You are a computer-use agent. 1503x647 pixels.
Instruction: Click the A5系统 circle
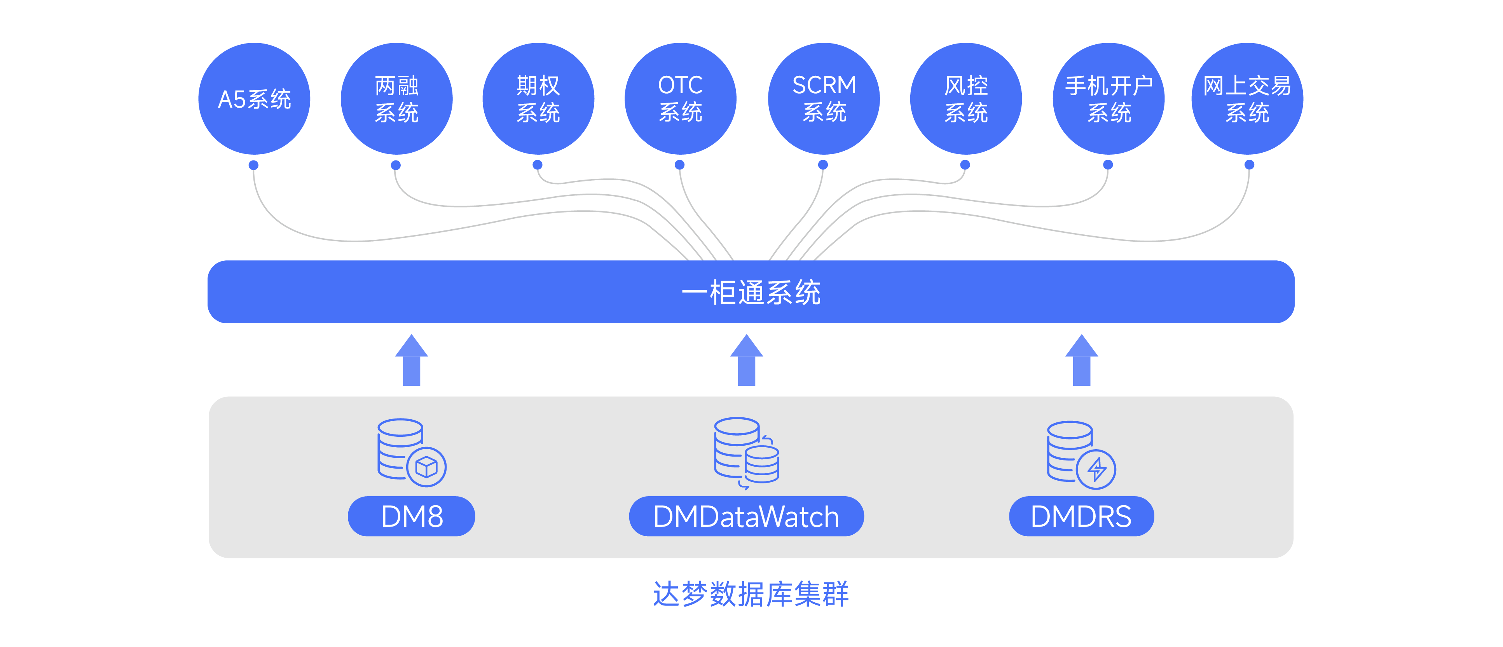coord(254,99)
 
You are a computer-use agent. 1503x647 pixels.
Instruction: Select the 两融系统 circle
coord(396,99)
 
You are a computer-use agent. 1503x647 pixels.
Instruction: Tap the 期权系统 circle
coord(538,99)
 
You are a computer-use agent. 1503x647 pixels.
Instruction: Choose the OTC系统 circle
coord(680,99)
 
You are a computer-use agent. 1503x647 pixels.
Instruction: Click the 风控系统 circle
coord(965,99)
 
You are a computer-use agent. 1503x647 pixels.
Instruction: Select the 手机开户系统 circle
coord(1108,99)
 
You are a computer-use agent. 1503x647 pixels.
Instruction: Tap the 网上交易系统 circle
coord(1247,99)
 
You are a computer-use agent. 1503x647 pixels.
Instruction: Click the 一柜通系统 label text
coord(751,292)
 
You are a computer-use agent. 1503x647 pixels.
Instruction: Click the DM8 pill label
coord(411,516)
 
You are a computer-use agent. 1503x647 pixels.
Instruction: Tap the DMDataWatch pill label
coord(746,516)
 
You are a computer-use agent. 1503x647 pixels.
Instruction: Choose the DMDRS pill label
coord(1081,516)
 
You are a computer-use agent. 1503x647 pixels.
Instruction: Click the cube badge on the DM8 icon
coord(426,467)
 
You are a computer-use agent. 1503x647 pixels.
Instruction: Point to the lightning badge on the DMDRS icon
coord(1096,469)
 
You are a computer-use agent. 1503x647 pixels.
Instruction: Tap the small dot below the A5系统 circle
coord(253,165)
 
